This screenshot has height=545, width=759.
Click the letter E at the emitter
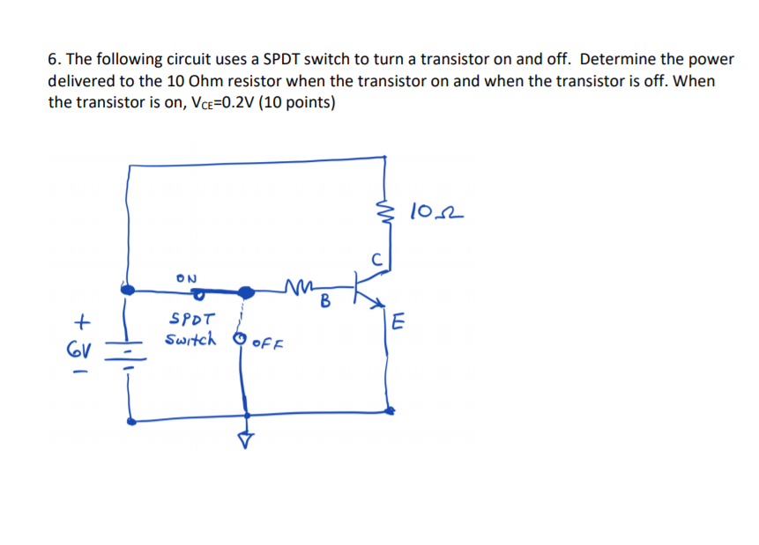tap(398, 322)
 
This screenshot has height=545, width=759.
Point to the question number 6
tap(53, 59)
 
